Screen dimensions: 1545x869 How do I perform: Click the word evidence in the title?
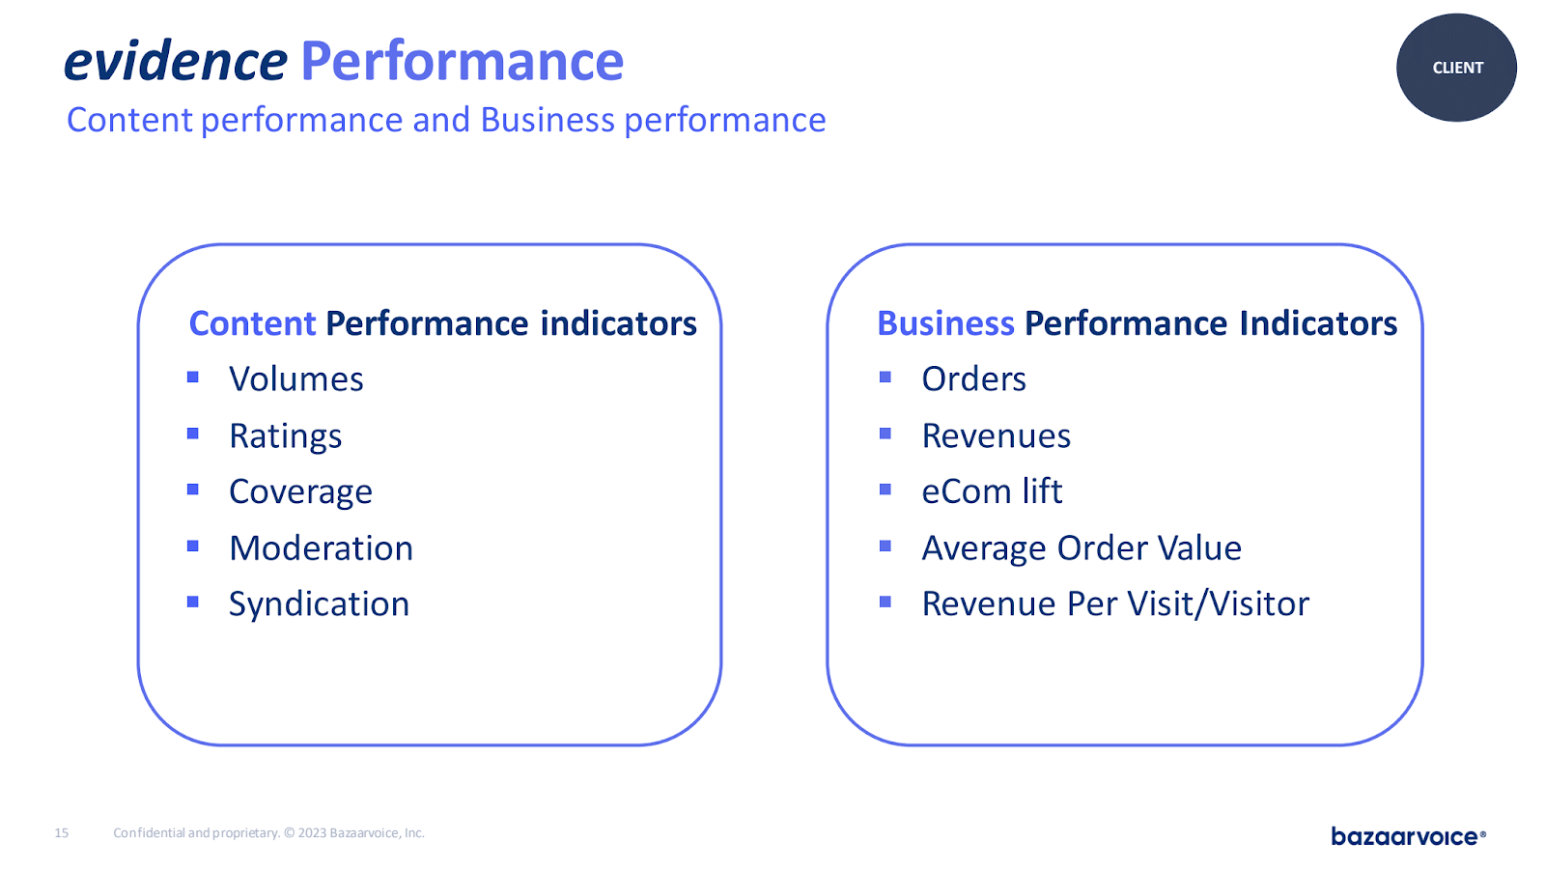(x=175, y=61)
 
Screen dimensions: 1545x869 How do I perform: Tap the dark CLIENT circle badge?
(x=1457, y=68)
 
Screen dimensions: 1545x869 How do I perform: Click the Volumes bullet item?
(x=295, y=378)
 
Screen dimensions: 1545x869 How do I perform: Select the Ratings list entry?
(x=286, y=435)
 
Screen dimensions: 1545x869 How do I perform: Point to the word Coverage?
(x=300, y=491)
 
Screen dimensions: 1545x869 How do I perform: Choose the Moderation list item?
(x=322, y=547)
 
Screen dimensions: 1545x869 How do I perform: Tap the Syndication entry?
(x=320, y=604)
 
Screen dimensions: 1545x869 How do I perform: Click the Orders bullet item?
(x=974, y=378)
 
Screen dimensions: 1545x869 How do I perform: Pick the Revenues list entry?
(x=997, y=435)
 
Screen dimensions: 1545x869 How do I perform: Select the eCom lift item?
(x=993, y=491)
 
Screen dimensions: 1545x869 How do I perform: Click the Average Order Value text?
(x=1082, y=548)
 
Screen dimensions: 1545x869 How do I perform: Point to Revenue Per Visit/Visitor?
(x=1116, y=604)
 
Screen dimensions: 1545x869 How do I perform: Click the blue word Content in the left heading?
(x=252, y=323)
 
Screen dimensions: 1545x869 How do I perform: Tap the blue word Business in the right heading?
(x=945, y=323)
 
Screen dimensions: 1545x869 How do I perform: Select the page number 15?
(x=62, y=833)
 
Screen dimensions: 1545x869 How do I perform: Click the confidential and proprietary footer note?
(x=269, y=833)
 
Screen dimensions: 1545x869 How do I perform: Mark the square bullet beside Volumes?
(x=193, y=377)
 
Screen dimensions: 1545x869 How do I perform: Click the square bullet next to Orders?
(x=885, y=377)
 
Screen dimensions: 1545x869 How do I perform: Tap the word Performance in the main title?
(x=463, y=61)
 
